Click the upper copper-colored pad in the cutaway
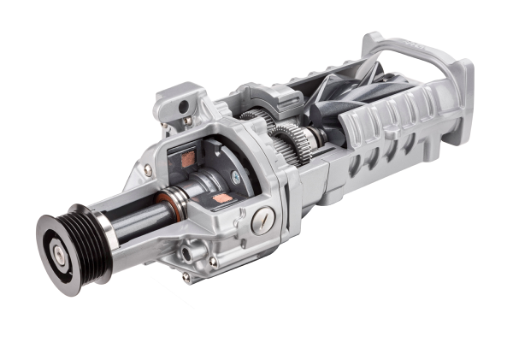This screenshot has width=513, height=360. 187,158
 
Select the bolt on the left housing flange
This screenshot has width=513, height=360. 148,170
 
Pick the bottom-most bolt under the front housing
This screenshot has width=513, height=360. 186,277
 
